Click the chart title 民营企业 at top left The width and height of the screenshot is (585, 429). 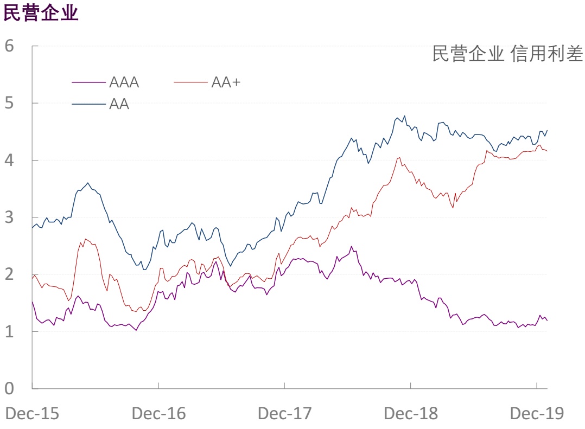41,13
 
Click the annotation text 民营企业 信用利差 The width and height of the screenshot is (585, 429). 507,54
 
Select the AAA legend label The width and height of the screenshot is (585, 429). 124,82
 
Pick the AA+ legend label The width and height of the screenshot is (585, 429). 226,82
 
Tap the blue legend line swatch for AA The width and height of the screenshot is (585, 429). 88,103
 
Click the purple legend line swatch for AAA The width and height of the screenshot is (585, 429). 88,82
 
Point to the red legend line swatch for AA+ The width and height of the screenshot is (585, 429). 190,82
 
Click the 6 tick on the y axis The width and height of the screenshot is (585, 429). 9,46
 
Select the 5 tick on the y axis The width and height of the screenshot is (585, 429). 9,103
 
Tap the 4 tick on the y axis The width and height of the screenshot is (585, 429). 9,160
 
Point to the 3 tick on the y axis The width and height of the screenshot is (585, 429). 9,217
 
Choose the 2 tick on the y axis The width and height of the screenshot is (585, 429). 9,274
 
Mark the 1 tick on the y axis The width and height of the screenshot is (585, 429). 9,331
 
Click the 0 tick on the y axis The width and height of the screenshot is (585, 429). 9,388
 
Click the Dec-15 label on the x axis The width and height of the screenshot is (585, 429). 32,414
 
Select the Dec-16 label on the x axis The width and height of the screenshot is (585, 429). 158,414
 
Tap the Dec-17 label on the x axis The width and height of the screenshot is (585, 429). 284,414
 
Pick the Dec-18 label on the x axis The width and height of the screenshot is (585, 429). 411,414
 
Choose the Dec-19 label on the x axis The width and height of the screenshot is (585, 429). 537,414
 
